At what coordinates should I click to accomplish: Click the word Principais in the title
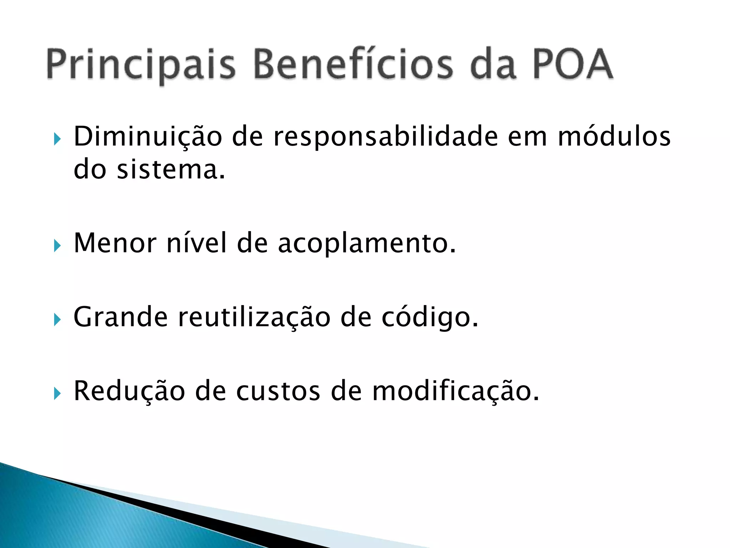point(141,65)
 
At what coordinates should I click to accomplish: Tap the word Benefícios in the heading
point(353,64)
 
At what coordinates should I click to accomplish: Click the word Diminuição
point(148,137)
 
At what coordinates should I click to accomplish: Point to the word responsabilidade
point(385,137)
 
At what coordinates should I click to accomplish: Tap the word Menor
point(115,243)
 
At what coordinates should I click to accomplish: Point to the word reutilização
point(254,318)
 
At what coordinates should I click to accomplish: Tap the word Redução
point(129,391)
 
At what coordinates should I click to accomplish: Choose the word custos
point(278,391)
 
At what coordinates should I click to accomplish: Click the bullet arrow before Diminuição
point(57,139)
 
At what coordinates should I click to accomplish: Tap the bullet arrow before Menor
point(57,246)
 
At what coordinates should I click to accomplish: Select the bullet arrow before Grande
point(57,319)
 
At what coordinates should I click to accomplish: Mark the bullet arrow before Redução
point(57,394)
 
